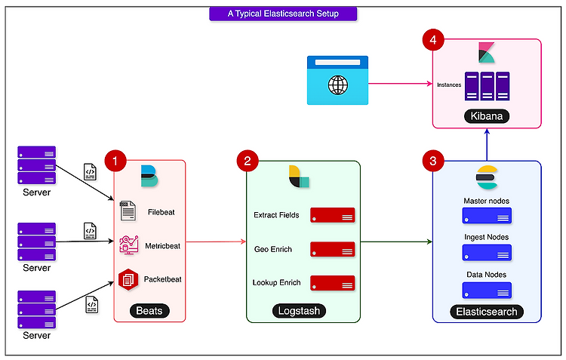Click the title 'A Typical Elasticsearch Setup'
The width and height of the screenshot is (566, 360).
[283, 14]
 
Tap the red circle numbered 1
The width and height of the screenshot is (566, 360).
[115, 161]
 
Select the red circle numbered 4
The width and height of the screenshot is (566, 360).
[433, 39]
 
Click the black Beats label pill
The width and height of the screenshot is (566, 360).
[149, 311]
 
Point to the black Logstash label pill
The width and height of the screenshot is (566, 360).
[299, 311]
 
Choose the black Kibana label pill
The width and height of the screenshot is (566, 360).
[487, 116]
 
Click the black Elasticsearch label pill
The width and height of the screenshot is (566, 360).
[487, 312]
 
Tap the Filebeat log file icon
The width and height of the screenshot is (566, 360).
[128, 211]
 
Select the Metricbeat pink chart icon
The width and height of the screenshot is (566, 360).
[129, 245]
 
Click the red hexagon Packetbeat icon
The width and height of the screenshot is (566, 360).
[128, 279]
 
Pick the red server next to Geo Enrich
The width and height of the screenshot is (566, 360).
[333, 249]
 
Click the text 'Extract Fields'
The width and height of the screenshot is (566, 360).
[276, 215]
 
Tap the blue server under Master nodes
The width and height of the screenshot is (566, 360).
[487, 216]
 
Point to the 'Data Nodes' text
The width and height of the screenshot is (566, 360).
[486, 275]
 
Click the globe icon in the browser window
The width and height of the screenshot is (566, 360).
[338, 85]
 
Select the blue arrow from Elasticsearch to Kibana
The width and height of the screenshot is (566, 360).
[487, 145]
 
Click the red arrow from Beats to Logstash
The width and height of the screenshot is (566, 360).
[216, 242]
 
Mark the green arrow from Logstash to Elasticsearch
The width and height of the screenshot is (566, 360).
[396, 242]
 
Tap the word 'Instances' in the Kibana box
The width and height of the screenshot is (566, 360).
[449, 85]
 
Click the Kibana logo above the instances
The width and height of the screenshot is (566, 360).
[487, 53]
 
